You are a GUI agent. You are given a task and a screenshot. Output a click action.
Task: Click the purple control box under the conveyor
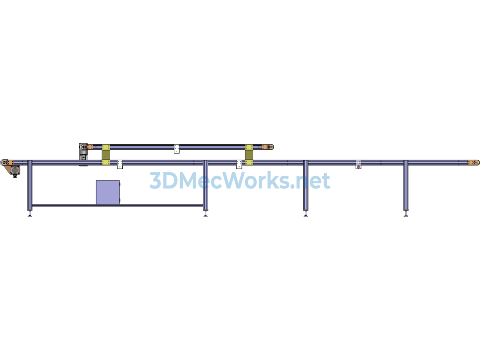coord(108,192)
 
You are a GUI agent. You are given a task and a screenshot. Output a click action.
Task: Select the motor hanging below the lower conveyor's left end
coord(15,171)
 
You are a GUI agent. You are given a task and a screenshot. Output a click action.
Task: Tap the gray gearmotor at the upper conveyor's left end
coord(83,154)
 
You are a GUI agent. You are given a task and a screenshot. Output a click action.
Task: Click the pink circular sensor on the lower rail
coord(359,167)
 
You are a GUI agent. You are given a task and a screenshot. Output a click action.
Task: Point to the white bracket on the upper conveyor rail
coord(177,149)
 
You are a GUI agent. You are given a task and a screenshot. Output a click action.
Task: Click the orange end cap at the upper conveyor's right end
coord(268,147)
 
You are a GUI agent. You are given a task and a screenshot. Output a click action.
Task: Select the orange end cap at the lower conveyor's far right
coord(473,162)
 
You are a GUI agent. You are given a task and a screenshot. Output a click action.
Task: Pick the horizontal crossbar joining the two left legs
coord(118,205)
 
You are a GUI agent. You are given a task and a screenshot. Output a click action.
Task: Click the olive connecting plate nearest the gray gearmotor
coord(105,155)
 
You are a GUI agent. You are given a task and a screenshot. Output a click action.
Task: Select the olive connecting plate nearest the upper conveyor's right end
coord(249,155)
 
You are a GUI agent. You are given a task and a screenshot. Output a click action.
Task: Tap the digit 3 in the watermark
coord(155,180)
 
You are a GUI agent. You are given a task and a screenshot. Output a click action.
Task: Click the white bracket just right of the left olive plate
coord(120,165)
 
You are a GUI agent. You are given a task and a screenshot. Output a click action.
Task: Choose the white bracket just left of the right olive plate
coord(239,165)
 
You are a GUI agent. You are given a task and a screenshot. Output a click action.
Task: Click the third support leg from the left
coord(306,185)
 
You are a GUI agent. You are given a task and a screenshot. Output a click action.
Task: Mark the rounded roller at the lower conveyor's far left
coord(4,162)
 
